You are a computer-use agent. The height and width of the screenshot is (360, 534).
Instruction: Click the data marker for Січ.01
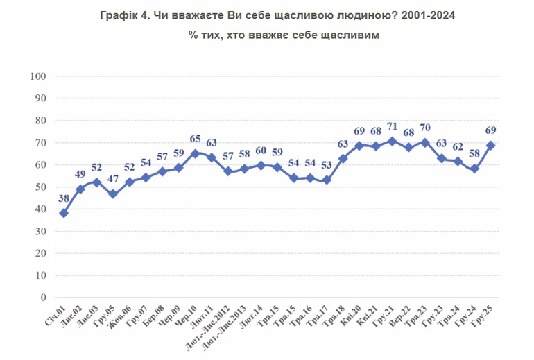pyautogui.click(x=64, y=213)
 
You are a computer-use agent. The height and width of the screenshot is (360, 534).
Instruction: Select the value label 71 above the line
pyautogui.click(x=393, y=127)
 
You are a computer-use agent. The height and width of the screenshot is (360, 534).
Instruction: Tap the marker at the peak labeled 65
pyautogui.click(x=195, y=153)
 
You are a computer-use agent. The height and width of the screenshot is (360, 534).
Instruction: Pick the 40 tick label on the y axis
pyautogui.click(x=40, y=209)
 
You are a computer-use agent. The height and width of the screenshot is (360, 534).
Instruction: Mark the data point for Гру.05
pyautogui.click(x=113, y=194)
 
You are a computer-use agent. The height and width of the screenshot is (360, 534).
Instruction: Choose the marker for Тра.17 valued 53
pyautogui.click(x=326, y=180)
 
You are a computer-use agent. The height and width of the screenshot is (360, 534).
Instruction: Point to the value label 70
pyautogui.click(x=425, y=128)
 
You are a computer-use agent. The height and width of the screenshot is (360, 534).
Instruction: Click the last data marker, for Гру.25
pyautogui.click(x=491, y=145)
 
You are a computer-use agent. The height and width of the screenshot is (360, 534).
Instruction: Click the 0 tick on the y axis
pyautogui.click(x=43, y=298)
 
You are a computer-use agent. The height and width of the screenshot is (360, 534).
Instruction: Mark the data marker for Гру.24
pyautogui.click(x=474, y=169)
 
